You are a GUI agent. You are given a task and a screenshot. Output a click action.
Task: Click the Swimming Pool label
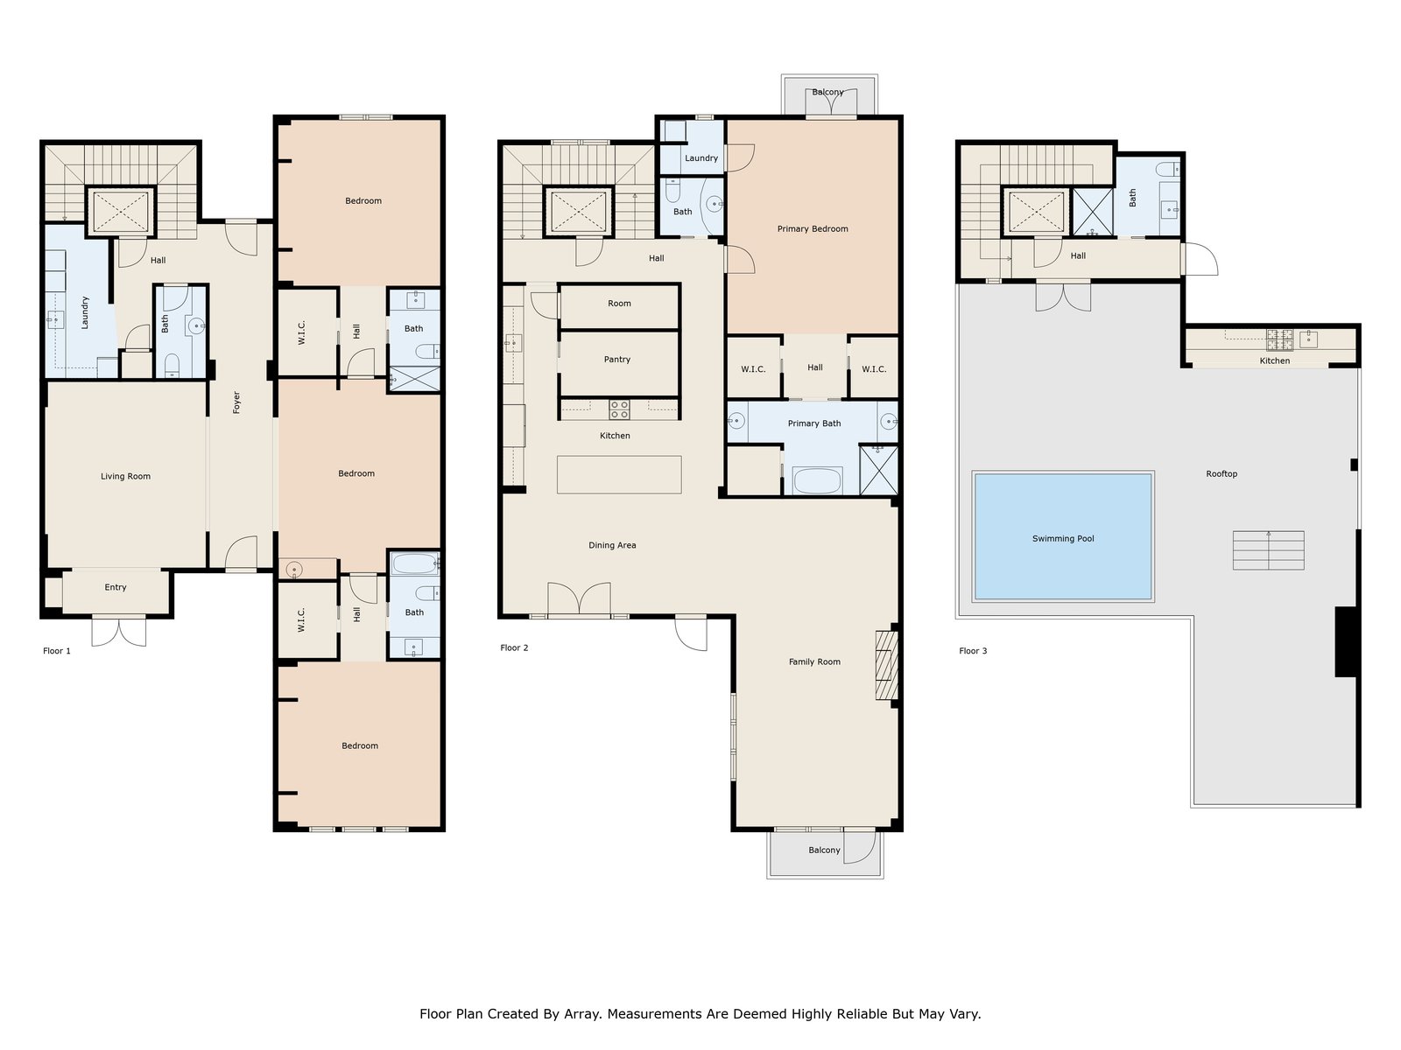[x=1063, y=539]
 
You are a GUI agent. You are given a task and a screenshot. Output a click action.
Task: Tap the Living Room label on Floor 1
[x=125, y=476]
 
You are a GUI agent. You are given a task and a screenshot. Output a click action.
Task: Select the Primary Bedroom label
[x=813, y=229]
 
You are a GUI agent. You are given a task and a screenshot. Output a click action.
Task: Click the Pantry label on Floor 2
[x=617, y=360]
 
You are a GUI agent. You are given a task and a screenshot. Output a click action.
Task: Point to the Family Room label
[x=814, y=661]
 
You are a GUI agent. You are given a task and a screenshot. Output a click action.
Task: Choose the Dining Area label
[x=612, y=545]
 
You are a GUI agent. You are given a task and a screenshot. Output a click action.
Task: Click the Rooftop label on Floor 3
[x=1221, y=473]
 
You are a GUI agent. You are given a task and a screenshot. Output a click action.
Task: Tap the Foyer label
[x=236, y=402]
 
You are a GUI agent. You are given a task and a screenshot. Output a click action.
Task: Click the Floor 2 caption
[x=515, y=647]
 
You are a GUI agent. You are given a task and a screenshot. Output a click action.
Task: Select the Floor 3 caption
[x=974, y=651]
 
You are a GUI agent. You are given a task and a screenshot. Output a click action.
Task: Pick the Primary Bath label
[x=814, y=423]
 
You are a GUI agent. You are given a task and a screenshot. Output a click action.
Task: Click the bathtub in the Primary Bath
[x=818, y=480]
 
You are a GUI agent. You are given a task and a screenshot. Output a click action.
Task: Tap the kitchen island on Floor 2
[x=619, y=474]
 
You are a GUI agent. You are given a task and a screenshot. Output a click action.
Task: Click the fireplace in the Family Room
[x=886, y=666]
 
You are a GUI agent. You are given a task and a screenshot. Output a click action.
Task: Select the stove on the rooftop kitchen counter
[x=1280, y=339]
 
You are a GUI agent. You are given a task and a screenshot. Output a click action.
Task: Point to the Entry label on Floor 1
[x=116, y=587]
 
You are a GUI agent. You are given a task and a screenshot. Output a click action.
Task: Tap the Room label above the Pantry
[x=619, y=304]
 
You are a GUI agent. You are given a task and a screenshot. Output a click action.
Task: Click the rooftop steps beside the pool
[x=1268, y=550]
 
